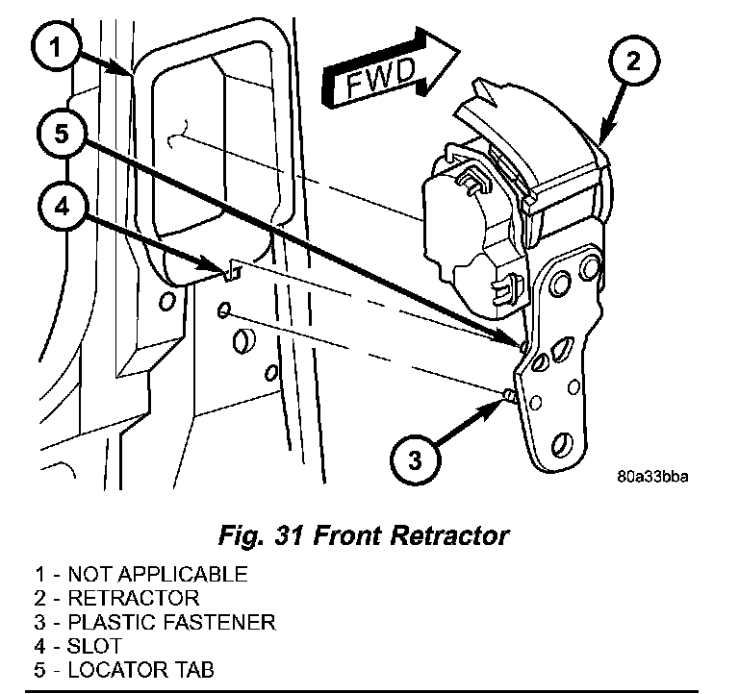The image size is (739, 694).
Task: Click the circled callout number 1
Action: (x=56, y=48)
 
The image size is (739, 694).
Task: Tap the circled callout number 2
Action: (x=634, y=62)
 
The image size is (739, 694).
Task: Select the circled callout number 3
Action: (x=416, y=459)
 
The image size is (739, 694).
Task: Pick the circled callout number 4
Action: (x=63, y=207)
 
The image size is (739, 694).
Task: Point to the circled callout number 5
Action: (x=63, y=134)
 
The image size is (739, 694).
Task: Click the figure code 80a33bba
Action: (x=652, y=477)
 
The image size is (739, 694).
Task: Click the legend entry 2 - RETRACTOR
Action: (x=116, y=598)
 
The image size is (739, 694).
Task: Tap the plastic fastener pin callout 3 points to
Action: (x=509, y=394)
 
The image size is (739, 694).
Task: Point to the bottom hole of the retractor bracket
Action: (x=561, y=445)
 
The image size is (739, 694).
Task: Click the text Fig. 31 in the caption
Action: (x=260, y=535)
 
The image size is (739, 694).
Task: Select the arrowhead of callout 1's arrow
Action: (x=123, y=69)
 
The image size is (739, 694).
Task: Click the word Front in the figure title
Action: (x=346, y=535)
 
